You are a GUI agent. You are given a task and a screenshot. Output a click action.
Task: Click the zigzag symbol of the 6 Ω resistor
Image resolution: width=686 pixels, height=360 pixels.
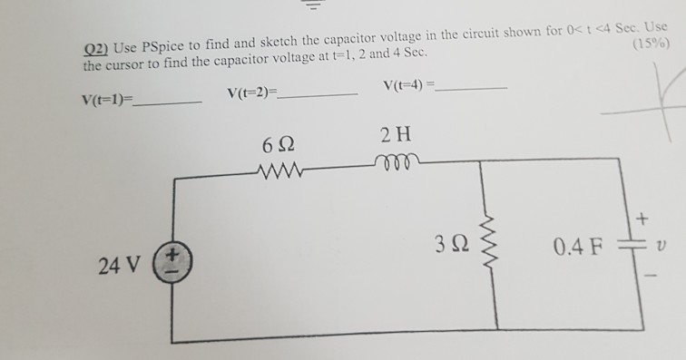point(285,170)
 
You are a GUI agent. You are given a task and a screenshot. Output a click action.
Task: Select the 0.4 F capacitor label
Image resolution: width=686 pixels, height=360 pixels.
point(575,247)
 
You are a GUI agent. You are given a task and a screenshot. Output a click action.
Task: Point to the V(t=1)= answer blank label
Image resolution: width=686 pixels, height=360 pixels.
point(106,100)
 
